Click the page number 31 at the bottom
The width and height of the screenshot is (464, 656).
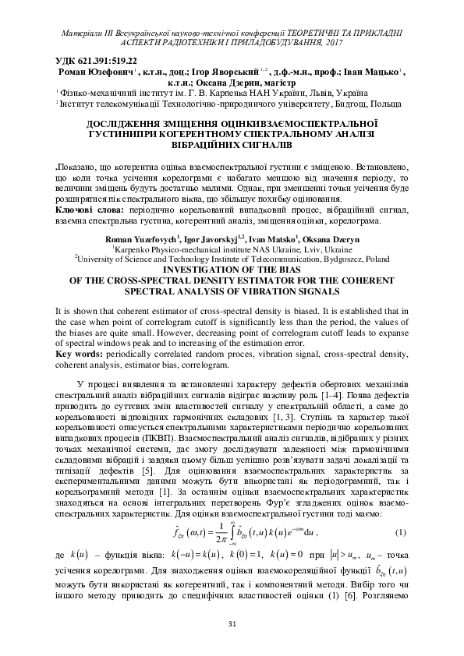click(x=232, y=624)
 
